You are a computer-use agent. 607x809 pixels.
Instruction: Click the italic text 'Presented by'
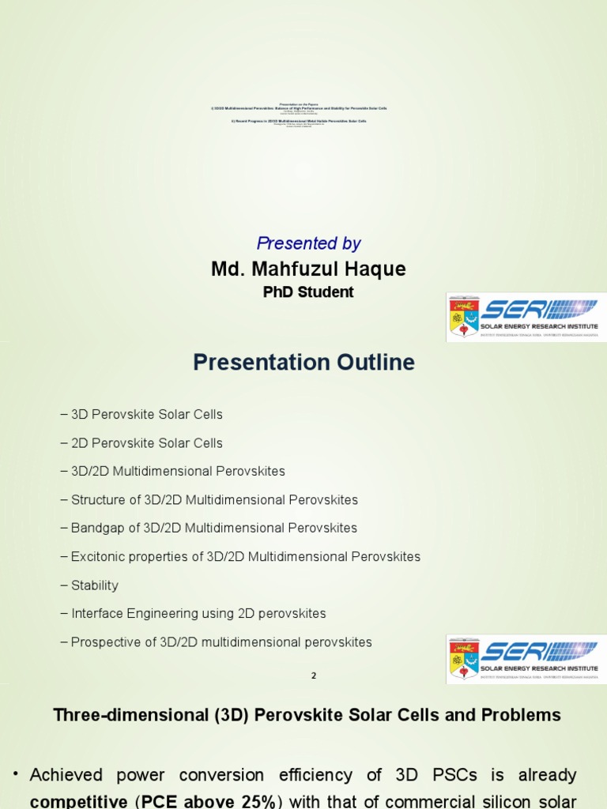coord(308,244)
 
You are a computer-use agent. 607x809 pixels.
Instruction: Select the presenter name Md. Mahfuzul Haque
coord(308,269)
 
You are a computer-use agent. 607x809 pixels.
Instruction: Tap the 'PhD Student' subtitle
coord(308,292)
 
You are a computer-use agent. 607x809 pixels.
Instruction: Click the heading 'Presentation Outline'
coord(303,363)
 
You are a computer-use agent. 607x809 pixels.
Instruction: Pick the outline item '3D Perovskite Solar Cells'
coord(146,415)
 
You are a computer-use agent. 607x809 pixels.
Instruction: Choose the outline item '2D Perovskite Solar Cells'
coord(146,443)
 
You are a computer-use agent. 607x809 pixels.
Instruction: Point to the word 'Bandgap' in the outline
coord(96,528)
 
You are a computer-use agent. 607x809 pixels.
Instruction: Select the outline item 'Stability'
coord(94,585)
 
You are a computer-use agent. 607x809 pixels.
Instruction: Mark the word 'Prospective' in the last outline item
coord(104,642)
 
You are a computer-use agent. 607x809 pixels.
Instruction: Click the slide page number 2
coord(314,676)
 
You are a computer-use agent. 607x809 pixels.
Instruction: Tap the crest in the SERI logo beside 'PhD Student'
coord(463,318)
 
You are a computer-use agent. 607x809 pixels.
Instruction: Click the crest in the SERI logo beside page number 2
coord(463,659)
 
